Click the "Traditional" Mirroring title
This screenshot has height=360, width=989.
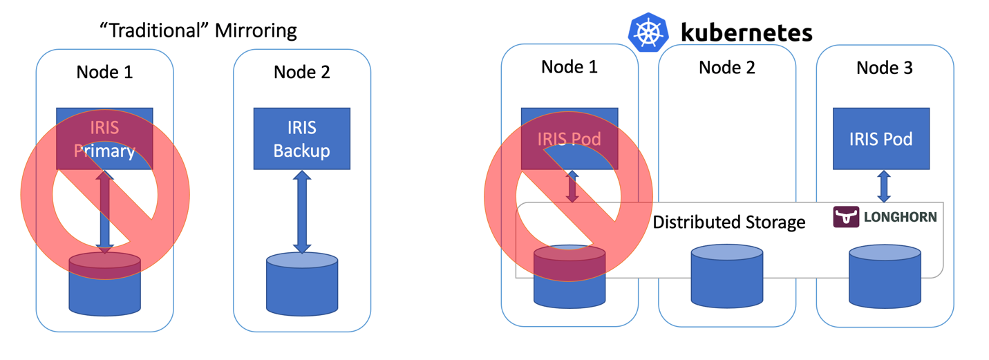point(198,31)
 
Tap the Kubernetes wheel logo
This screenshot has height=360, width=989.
point(648,32)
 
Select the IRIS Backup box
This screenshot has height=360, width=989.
point(302,139)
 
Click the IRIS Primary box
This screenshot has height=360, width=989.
point(104,138)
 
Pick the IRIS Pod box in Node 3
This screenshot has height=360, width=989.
point(880,138)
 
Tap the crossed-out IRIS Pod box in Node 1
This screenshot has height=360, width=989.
point(569,138)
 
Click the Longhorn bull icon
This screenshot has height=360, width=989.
point(846,217)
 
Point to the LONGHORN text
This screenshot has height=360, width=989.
point(900,218)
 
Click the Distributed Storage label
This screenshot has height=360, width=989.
point(729,222)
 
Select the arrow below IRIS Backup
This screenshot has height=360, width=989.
point(302,211)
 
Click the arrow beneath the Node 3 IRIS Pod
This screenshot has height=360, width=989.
point(883,187)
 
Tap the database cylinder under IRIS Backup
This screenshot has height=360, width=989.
point(302,283)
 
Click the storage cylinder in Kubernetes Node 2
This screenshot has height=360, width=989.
point(727,274)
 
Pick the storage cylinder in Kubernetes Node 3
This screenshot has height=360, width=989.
point(885,274)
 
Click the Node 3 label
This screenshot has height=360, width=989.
point(884,68)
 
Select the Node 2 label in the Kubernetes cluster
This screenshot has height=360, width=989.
point(726,68)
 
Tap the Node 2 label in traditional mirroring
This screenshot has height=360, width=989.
point(302,72)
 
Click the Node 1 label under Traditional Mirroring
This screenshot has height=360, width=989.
point(104,72)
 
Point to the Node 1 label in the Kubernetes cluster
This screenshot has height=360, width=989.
point(569,67)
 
